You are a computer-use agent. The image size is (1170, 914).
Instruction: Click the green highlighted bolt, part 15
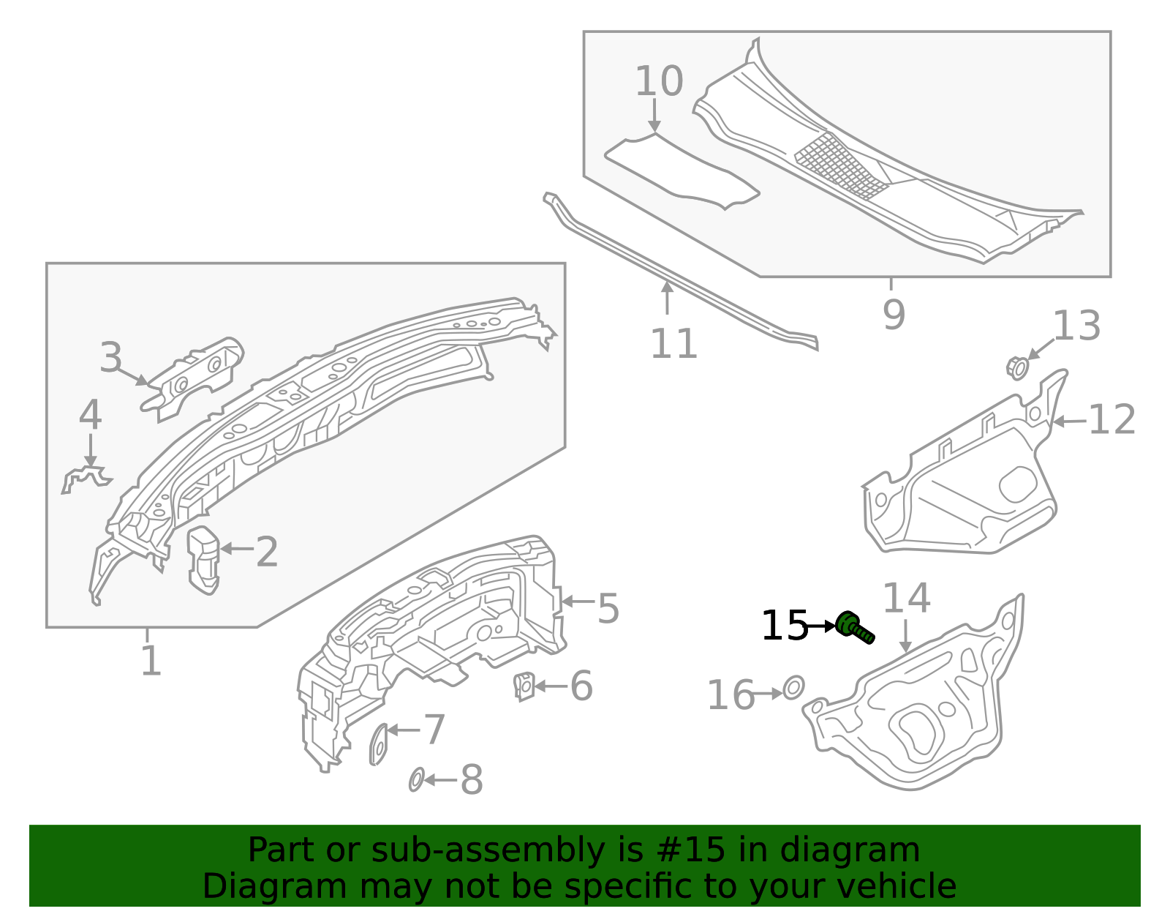click(x=854, y=628)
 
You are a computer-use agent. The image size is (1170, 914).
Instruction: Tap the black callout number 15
click(x=784, y=626)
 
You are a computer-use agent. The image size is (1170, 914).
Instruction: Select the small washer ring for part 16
click(x=793, y=687)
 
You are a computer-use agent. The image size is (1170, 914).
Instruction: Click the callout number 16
click(x=731, y=695)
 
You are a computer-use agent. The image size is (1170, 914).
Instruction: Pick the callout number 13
click(x=1076, y=326)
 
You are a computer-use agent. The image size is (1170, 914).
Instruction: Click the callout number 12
click(x=1111, y=420)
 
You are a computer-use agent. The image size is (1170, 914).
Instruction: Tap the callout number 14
click(x=906, y=599)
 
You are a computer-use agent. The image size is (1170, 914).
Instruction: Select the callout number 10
click(x=658, y=81)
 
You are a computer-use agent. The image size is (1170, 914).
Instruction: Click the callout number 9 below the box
click(x=894, y=315)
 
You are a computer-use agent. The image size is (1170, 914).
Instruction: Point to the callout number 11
click(x=673, y=344)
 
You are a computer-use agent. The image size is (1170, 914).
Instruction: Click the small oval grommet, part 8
click(x=416, y=780)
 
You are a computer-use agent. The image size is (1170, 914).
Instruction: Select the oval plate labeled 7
click(x=379, y=743)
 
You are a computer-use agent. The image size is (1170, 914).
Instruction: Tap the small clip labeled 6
click(x=524, y=686)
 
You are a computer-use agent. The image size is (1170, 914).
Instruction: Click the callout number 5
click(x=608, y=609)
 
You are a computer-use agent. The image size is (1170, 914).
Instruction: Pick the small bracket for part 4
click(x=86, y=479)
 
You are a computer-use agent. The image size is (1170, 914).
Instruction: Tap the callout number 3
click(x=111, y=359)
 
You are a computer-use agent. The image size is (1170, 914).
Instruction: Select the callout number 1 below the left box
click(x=150, y=661)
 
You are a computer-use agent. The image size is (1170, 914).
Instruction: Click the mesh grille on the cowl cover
click(x=841, y=165)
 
